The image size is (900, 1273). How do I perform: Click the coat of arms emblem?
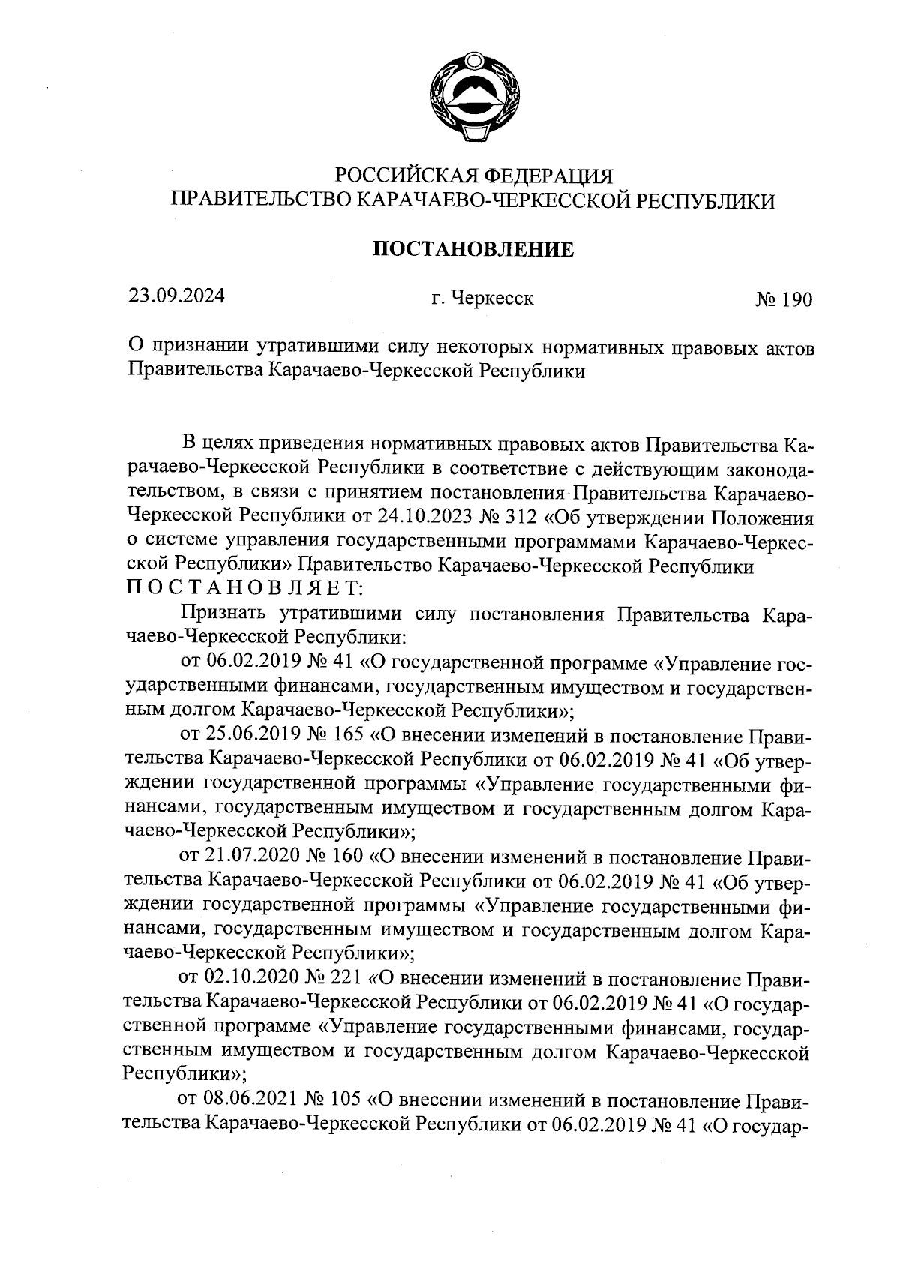click(473, 95)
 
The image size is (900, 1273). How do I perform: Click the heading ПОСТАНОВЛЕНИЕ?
click(473, 249)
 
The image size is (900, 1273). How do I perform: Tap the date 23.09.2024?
click(176, 296)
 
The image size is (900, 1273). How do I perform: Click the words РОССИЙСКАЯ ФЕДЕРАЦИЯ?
click(473, 176)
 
